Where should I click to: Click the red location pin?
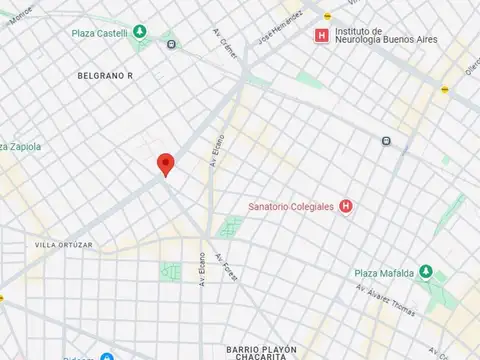[x=166, y=164]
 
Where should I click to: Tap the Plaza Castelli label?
[x=100, y=32]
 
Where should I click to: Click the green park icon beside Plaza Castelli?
[x=140, y=32]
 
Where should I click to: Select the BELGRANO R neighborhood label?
[x=106, y=75]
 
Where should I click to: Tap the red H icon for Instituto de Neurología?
[x=321, y=36]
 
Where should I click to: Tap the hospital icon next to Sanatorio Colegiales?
[x=346, y=207]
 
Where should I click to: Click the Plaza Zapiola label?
[x=20, y=146]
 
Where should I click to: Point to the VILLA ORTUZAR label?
[x=64, y=244]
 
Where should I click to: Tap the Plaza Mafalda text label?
[x=385, y=272]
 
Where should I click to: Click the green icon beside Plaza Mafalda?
[x=425, y=272]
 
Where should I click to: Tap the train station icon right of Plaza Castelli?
[x=172, y=44]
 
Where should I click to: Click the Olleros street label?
[x=471, y=66]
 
